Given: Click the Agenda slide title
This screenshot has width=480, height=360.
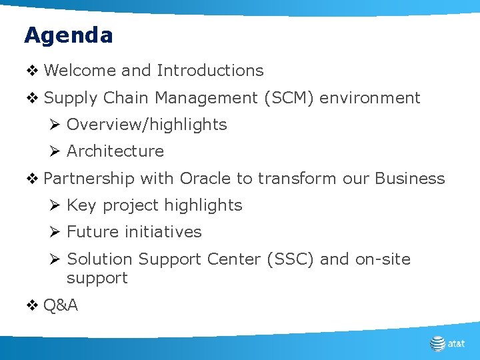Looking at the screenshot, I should (68, 35).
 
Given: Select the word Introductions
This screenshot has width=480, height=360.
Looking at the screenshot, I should (210, 70).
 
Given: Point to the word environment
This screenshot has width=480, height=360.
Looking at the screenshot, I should (370, 98).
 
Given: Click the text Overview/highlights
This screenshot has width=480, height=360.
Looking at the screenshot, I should (147, 125).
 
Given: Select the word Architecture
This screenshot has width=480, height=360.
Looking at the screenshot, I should (115, 151).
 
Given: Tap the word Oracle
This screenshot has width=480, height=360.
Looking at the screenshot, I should (205, 179).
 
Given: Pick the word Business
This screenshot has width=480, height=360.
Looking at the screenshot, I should (409, 179).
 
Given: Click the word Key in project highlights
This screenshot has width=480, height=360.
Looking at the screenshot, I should (81, 205).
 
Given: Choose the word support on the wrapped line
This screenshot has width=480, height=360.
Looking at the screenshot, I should (97, 278).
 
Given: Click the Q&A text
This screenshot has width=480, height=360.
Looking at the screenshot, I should (60, 305).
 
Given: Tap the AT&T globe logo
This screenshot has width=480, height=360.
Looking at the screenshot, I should (437, 343).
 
